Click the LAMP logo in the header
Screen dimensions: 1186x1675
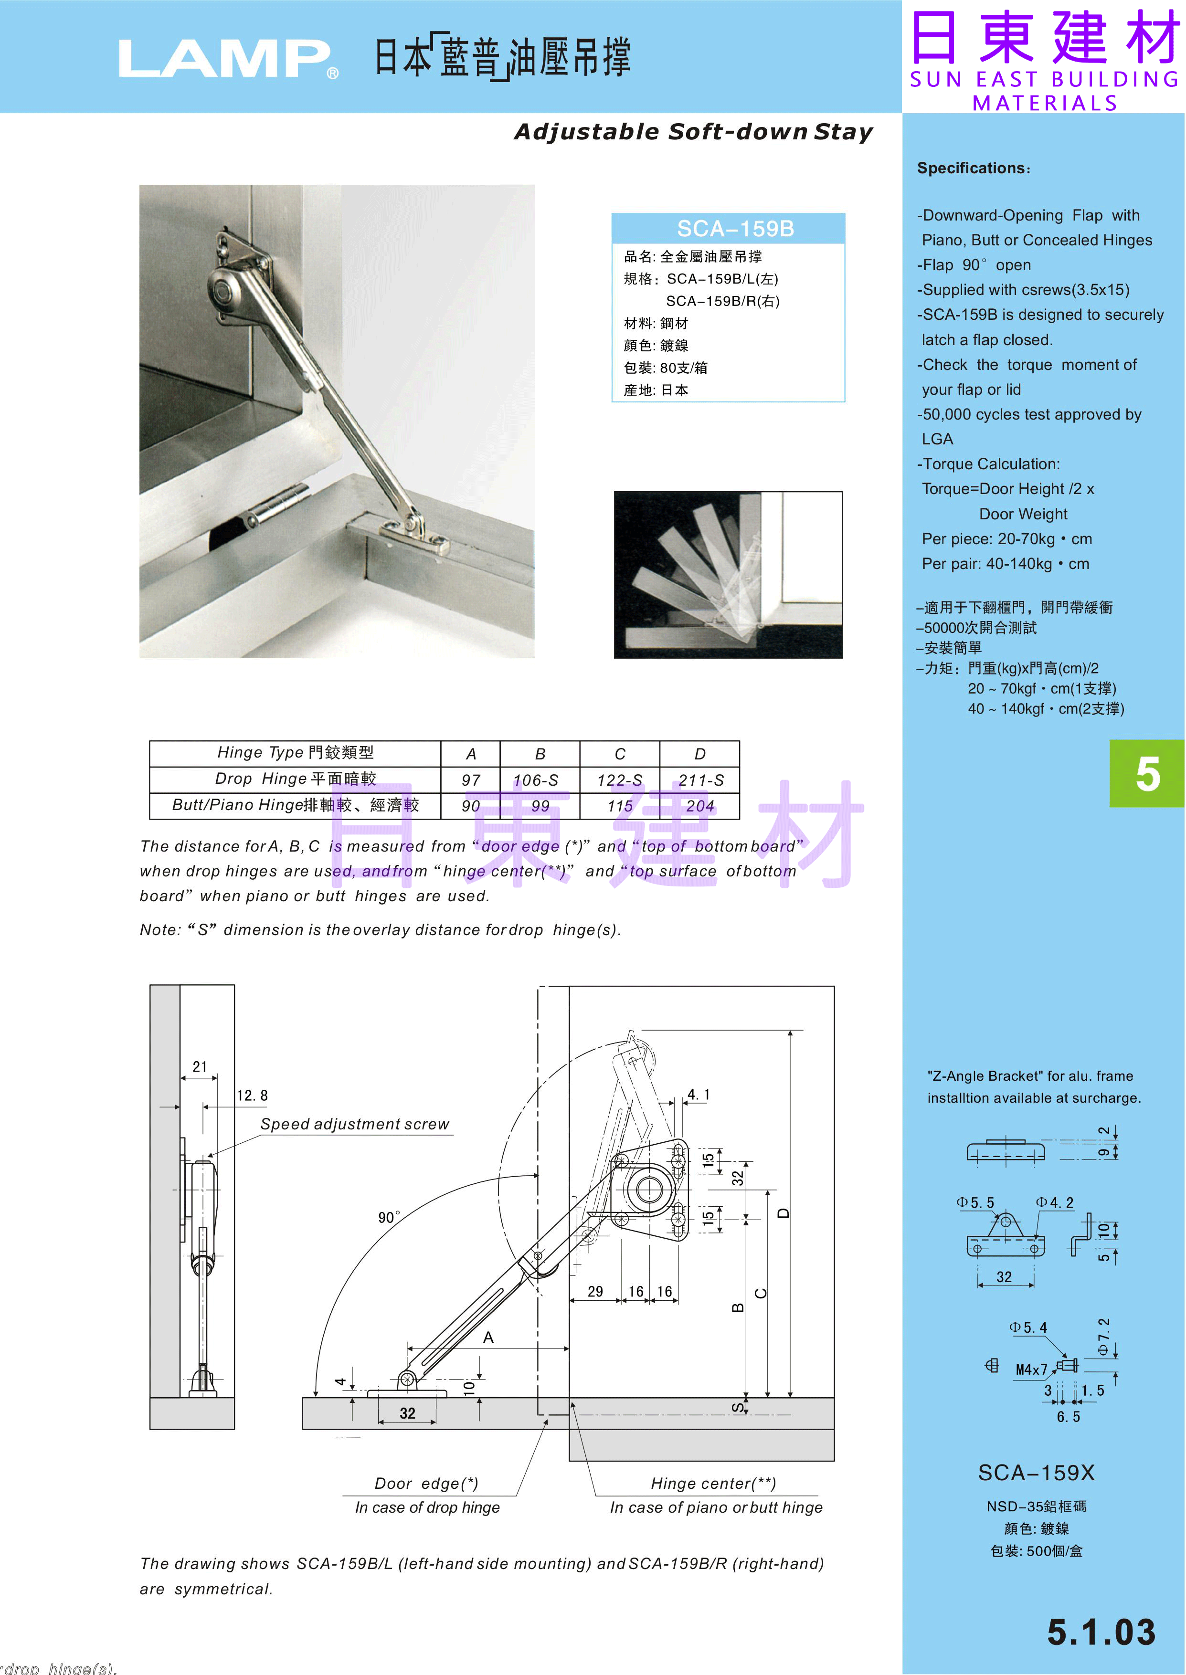[x=228, y=58]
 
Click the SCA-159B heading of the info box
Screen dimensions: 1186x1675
[x=735, y=229]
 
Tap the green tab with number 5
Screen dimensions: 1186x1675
[x=1147, y=773]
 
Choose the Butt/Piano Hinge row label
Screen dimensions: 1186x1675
[x=295, y=805]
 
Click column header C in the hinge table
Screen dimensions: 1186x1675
[x=620, y=754]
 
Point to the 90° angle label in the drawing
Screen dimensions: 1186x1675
[x=389, y=1217]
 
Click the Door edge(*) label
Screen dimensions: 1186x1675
[x=426, y=1483]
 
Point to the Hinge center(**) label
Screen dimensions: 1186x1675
[x=713, y=1483]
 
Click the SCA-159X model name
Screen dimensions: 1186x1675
[x=1036, y=1473]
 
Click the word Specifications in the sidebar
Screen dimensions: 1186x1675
[x=971, y=168]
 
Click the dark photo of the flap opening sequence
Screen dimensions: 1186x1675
[x=728, y=575]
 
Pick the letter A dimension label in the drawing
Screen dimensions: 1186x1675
[x=488, y=1337]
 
